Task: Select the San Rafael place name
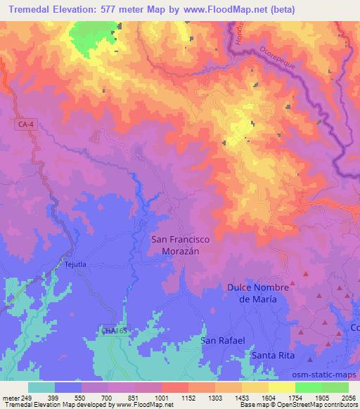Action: coord(223,340)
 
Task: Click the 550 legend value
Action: coord(83,398)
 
